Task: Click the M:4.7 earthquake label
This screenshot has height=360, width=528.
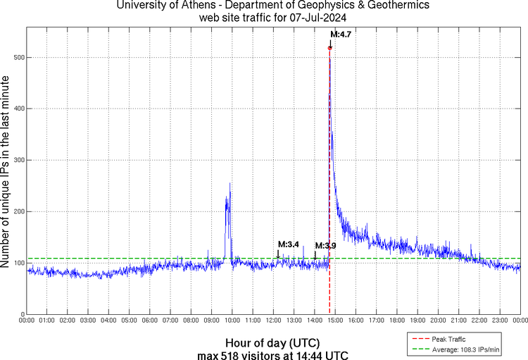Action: pos(341,34)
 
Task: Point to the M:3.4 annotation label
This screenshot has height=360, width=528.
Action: pos(289,244)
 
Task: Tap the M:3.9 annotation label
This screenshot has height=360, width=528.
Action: pos(325,245)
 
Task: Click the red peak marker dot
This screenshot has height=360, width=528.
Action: pos(329,48)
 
